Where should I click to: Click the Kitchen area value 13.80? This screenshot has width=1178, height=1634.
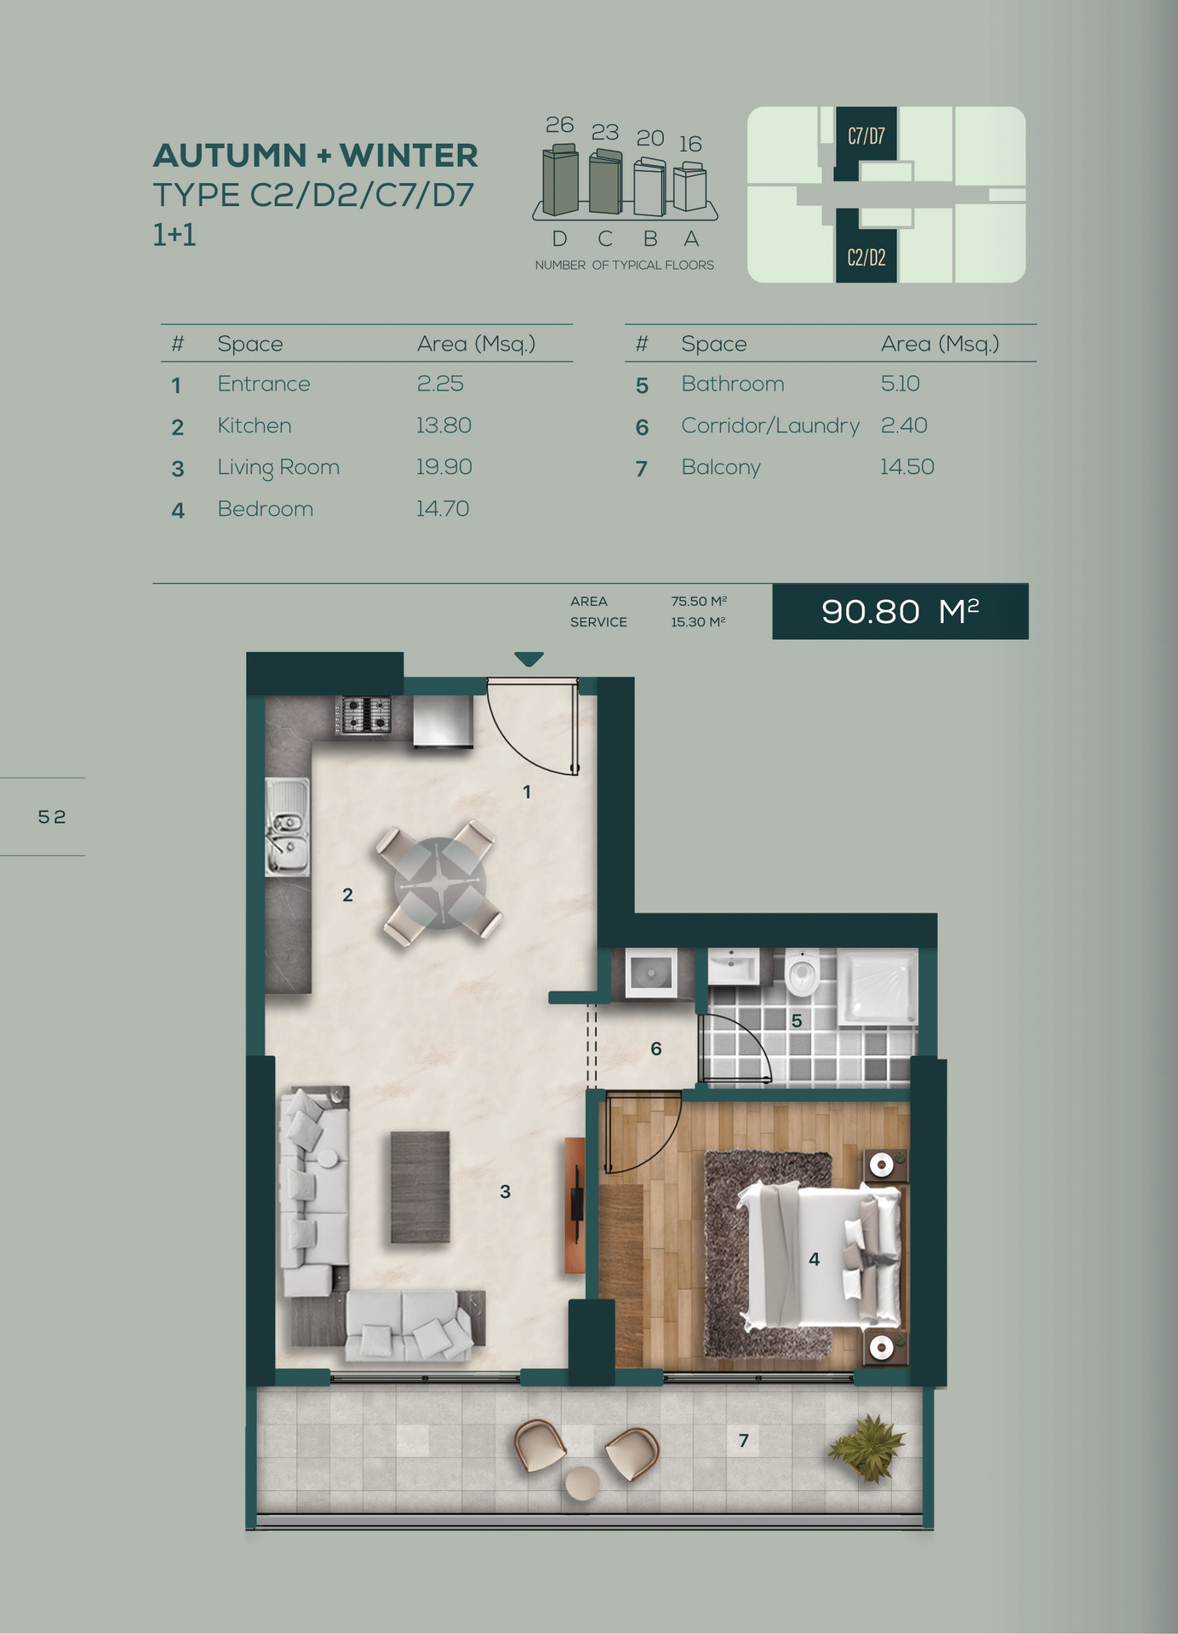443,426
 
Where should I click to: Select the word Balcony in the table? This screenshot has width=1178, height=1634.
721,468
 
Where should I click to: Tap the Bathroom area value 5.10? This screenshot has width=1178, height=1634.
901,384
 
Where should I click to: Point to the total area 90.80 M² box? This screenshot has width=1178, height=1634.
901,611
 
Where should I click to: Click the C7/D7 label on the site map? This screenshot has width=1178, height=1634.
866,136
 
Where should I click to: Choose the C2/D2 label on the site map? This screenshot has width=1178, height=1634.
866,257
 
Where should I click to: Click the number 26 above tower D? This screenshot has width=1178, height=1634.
559,125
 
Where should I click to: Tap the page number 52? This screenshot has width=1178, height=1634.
52,817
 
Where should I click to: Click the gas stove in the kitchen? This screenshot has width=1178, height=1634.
364,715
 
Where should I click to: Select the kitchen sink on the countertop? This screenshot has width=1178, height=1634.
288,826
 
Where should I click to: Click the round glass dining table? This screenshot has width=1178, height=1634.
440,883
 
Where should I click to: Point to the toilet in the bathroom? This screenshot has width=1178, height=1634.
802,972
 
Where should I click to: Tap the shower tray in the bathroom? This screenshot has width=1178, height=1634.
878,986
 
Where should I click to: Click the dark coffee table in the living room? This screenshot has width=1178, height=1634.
420,1187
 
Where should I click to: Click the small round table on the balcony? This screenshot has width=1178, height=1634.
583,1483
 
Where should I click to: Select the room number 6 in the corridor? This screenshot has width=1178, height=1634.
656,1049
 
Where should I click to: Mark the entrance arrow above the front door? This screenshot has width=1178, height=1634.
529,659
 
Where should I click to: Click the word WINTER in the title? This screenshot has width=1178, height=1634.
409,156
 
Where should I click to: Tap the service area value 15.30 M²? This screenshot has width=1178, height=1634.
698,622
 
